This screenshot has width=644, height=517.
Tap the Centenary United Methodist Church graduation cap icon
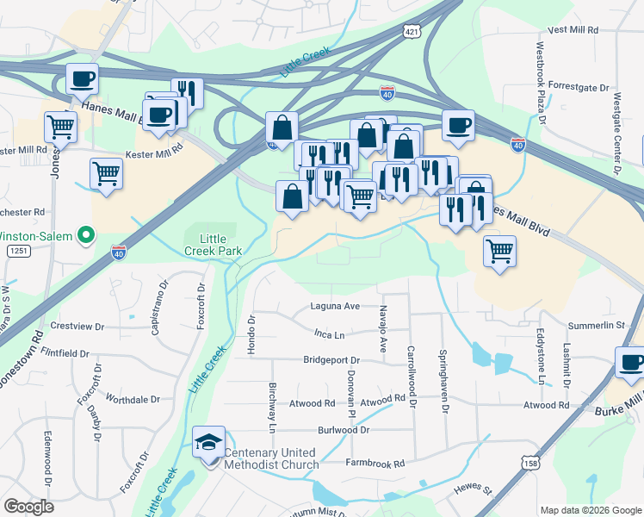click(208, 443)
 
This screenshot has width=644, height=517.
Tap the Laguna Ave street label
click(334, 307)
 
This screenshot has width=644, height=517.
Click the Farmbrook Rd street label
click(375, 464)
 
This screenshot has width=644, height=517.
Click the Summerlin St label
click(596, 325)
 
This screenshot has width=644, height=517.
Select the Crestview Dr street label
click(77, 327)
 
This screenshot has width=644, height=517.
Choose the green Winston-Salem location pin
click(85, 234)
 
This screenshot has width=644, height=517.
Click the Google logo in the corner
click(28, 507)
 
